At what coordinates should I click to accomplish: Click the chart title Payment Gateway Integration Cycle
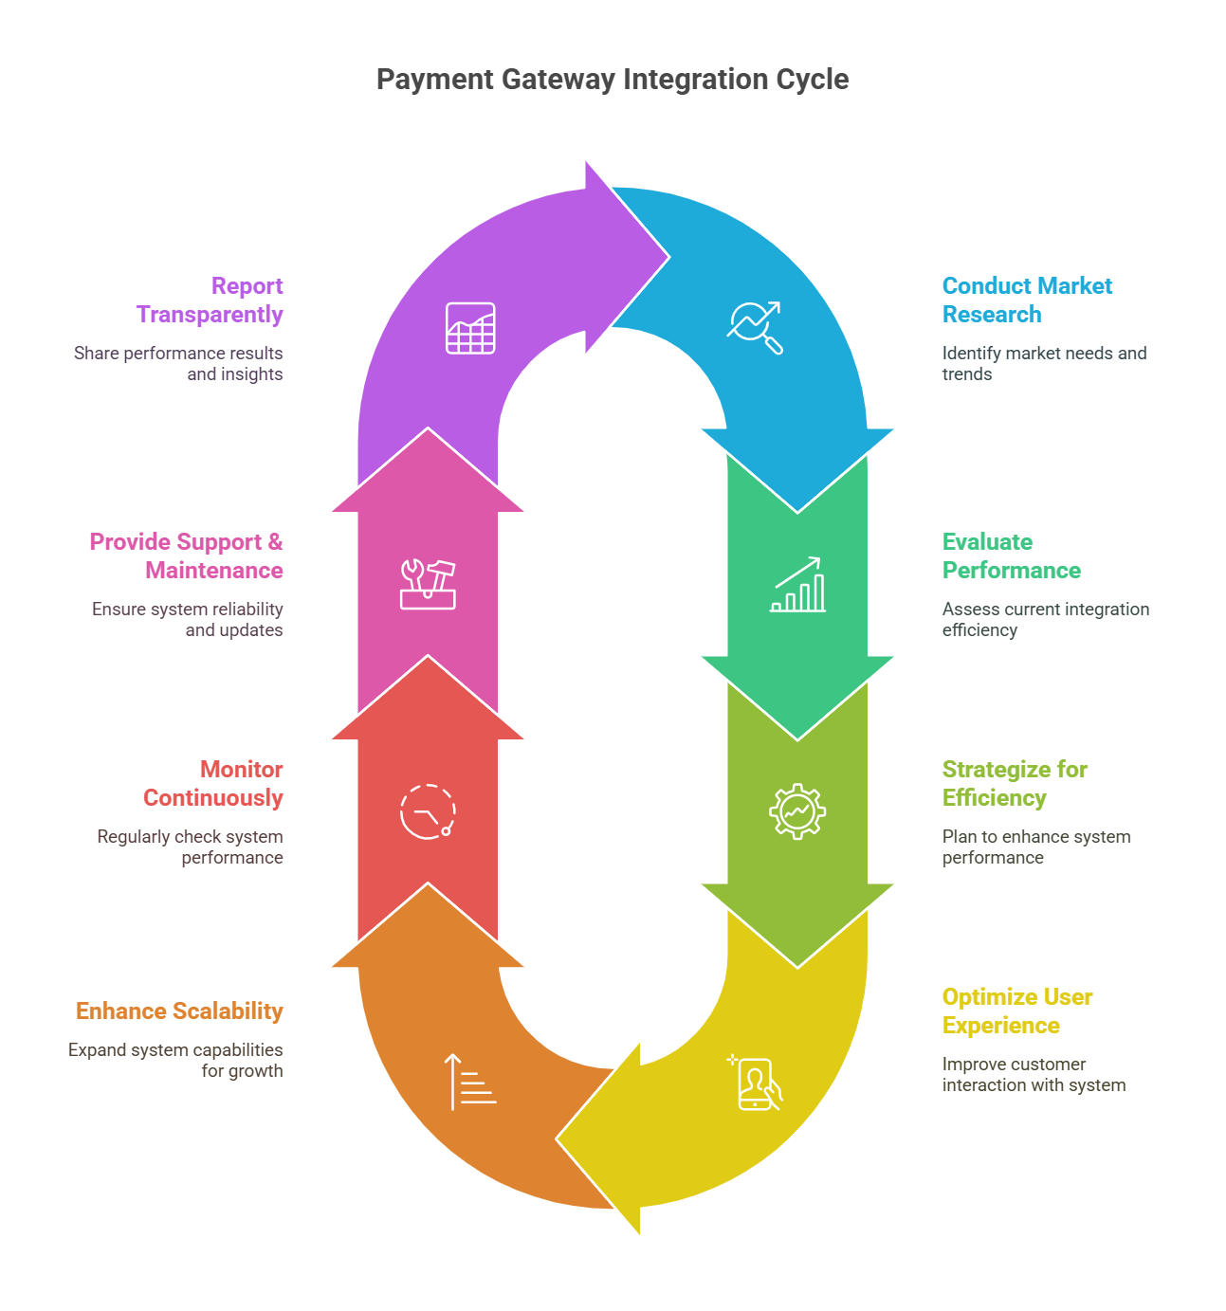click(613, 80)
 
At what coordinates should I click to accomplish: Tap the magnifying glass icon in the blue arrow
click(755, 327)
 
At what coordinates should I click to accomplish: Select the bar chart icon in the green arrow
click(797, 585)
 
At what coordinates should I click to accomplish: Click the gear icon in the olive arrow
click(797, 811)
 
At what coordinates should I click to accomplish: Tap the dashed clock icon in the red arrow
click(428, 811)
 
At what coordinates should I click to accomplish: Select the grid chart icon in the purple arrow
click(470, 328)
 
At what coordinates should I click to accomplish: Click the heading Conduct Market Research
click(1027, 300)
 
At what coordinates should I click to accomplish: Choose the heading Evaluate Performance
click(1011, 556)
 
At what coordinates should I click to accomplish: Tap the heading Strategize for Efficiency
click(1015, 784)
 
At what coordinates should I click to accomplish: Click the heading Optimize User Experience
click(1016, 1011)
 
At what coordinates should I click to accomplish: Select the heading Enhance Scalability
click(179, 1011)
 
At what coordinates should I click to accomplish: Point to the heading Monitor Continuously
click(213, 784)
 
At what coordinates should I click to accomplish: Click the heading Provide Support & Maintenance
click(187, 556)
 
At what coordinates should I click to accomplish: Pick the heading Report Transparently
click(210, 300)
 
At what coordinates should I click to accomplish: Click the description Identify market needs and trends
click(1044, 364)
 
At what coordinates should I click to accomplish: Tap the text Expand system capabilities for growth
click(175, 1061)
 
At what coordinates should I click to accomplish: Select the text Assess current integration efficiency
click(1045, 620)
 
